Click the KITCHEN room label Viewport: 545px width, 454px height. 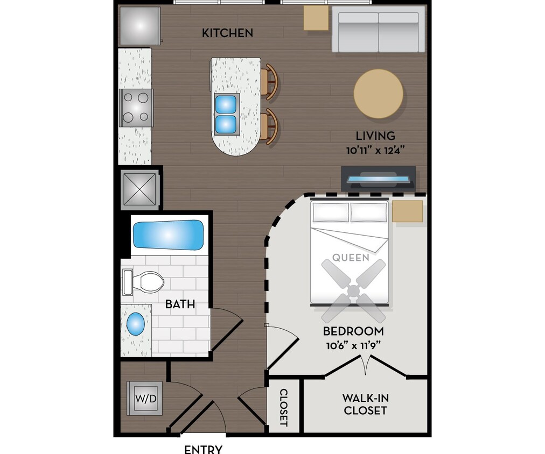coord(227,33)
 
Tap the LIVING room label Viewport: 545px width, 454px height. coord(375,136)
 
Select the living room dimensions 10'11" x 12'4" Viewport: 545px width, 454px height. coord(375,151)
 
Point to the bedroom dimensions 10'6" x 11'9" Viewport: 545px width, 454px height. coord(353,345)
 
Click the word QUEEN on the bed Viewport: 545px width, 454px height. coord(351,258)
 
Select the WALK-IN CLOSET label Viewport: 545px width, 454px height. coord(365,405)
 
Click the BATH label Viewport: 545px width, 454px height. coord(180,304)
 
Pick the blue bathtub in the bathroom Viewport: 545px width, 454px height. coord(168,235)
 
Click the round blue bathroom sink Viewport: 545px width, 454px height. coord(135,324)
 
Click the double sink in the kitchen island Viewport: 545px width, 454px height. coord(226,113)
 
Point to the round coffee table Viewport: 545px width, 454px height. coord(378,94)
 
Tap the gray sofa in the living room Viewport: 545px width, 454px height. coord(378,29)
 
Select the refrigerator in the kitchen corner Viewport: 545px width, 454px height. coord(139,26)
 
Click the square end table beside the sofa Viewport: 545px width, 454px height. coord(316,18)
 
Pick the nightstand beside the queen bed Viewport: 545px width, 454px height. coord(407,211)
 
